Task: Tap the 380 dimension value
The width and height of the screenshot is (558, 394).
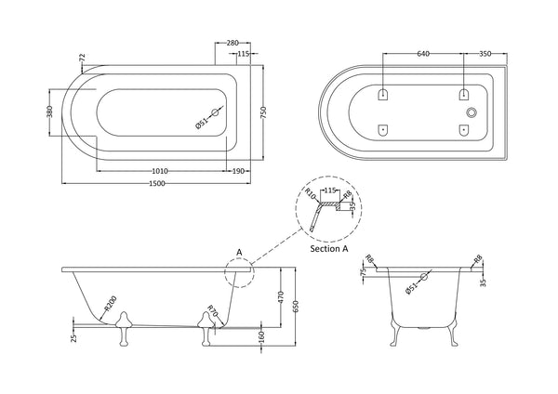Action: click(x=51, y=114)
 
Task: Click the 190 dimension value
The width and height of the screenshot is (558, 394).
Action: click(x=240, y=171)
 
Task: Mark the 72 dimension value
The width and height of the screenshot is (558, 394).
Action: click(x=83, y=59)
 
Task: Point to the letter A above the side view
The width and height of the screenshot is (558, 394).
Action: click(x=238, y=252)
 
